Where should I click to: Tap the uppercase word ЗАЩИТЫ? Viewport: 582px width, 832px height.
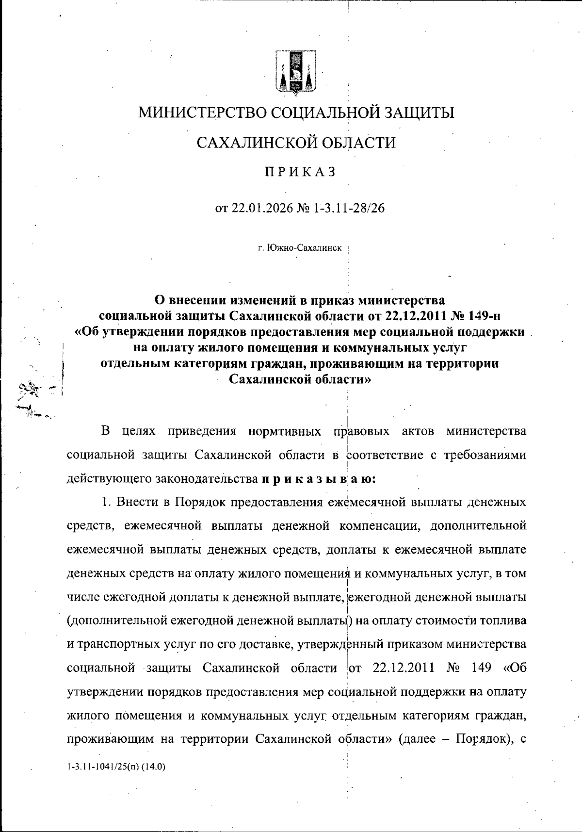(x=419, y=113)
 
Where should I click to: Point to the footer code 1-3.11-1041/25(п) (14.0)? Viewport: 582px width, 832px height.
(x=116, y=767)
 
